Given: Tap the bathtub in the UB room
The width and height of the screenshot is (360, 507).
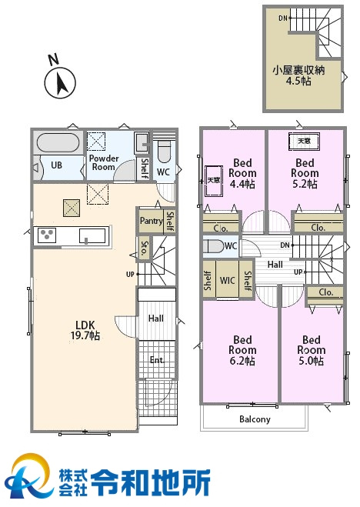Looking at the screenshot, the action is pyautogui.click(x=58, y=142).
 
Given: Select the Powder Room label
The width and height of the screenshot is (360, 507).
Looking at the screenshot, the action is pyautogui.click(x=104, y=162).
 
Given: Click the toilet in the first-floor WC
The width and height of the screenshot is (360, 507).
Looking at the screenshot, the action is pyautogui.click(x=164, y=151).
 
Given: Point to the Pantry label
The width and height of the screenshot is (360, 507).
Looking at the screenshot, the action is pyautogui.click(x=152, y=221).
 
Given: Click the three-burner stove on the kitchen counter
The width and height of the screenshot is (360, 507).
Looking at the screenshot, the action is pyautogui.click(x=47, y=235).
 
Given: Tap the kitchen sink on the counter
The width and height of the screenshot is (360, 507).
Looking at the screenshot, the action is pyautogui.click(x=92, y=235).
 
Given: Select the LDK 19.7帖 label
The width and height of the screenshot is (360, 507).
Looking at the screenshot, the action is pyautogui.click(x=85, y=330).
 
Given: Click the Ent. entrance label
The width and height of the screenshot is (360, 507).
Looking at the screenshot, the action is pyautogui.click(x=157, y=360).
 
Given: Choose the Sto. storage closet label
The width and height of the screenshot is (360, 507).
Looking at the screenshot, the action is pyautogui.click(x=145, y=248).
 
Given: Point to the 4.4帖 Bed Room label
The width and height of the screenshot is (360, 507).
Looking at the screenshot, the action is pyautogui.click(x=242, y=173).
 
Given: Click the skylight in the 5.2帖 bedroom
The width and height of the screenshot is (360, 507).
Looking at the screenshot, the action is pyautogui.click(x=304, y=142).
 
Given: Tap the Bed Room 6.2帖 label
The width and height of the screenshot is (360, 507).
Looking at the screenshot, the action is pyautogui.click(x=242, y=350).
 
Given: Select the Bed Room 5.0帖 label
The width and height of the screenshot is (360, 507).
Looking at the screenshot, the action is pyautogui.click(x=312, y=350).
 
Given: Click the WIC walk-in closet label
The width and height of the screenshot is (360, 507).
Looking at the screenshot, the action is pyautogui.click(x=227, y=280).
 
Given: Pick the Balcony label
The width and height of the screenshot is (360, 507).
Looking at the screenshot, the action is pyautogui.click(x=255, y=419).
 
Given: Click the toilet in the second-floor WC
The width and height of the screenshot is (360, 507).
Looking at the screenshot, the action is pyautogui.click(x=214, y=246).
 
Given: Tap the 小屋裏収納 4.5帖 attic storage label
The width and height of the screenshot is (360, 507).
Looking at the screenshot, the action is pyautogui.click(x=298, y=75).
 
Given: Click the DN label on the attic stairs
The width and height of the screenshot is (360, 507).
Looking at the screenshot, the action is pyautogui.click(x=283, y=18).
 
